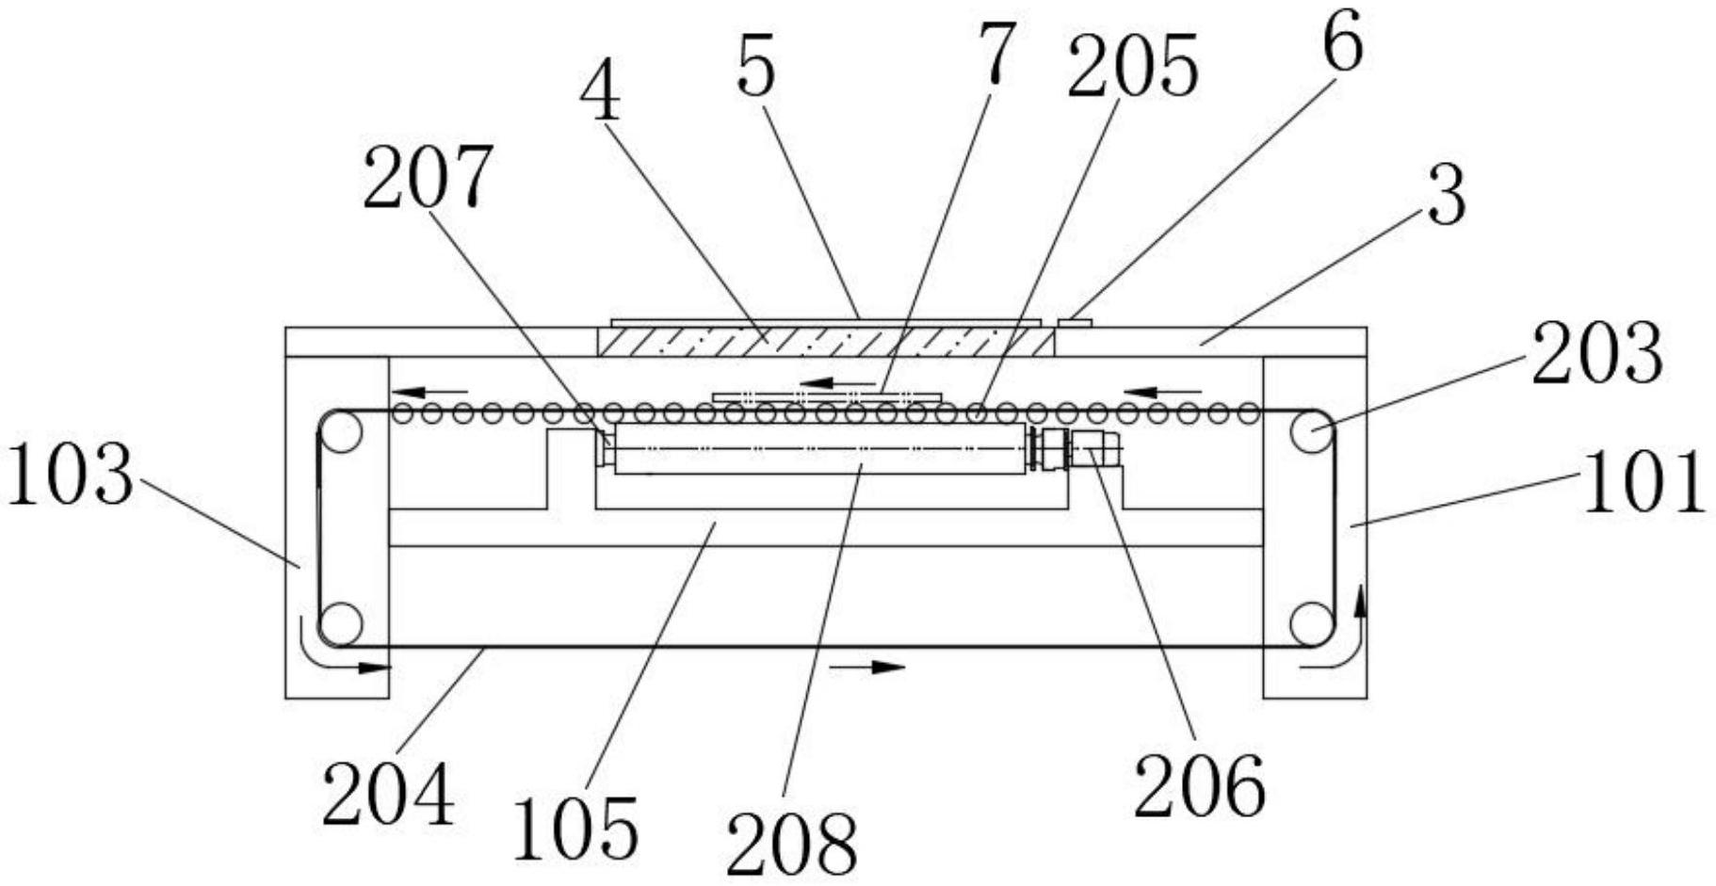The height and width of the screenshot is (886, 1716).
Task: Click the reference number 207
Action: coord(427,178)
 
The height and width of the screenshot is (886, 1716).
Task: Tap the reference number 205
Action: coord(1132,67)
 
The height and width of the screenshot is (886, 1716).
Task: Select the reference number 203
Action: coord(1596,353)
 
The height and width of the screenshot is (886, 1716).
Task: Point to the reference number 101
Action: coord(1643,482)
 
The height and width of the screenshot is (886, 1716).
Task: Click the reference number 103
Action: coord(69,475)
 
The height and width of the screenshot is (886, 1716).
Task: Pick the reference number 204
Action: coord(388,794)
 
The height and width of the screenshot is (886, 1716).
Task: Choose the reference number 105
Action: coord(575,828)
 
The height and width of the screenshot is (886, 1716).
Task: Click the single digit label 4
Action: coord(600,95)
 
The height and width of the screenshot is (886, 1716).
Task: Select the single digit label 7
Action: coord(996,54)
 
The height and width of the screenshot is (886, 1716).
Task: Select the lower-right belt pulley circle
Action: coord(1311,623)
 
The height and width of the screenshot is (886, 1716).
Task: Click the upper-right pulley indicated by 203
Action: coord(1311,432)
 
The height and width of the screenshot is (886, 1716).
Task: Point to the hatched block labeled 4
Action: coord(825,340)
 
